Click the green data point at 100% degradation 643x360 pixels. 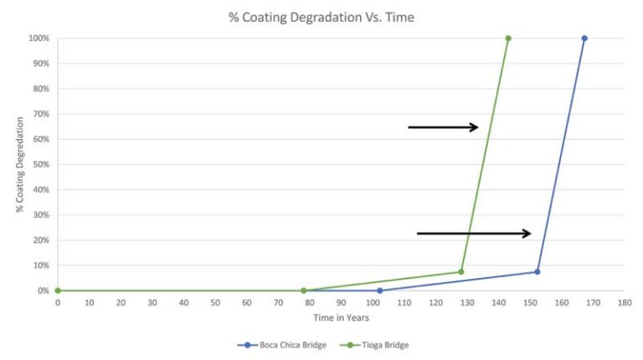(x=508, y=39)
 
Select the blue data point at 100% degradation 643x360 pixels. (x=584, y=39)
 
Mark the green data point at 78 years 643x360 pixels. (x=303, y=291)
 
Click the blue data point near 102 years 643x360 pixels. (x=379, y=291)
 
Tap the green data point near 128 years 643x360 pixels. (x=461, y=271)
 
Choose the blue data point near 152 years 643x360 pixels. (x=538, y=271)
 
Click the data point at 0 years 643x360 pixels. (x=58, y=291)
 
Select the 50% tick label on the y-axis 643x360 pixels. (x=40, y=164)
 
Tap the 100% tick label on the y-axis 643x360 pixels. (x=39, y=39)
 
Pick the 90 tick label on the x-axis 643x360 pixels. (x=341, y=302)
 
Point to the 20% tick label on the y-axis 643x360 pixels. (x=40, y=240)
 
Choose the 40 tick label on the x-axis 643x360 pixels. (x=183, y=302)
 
